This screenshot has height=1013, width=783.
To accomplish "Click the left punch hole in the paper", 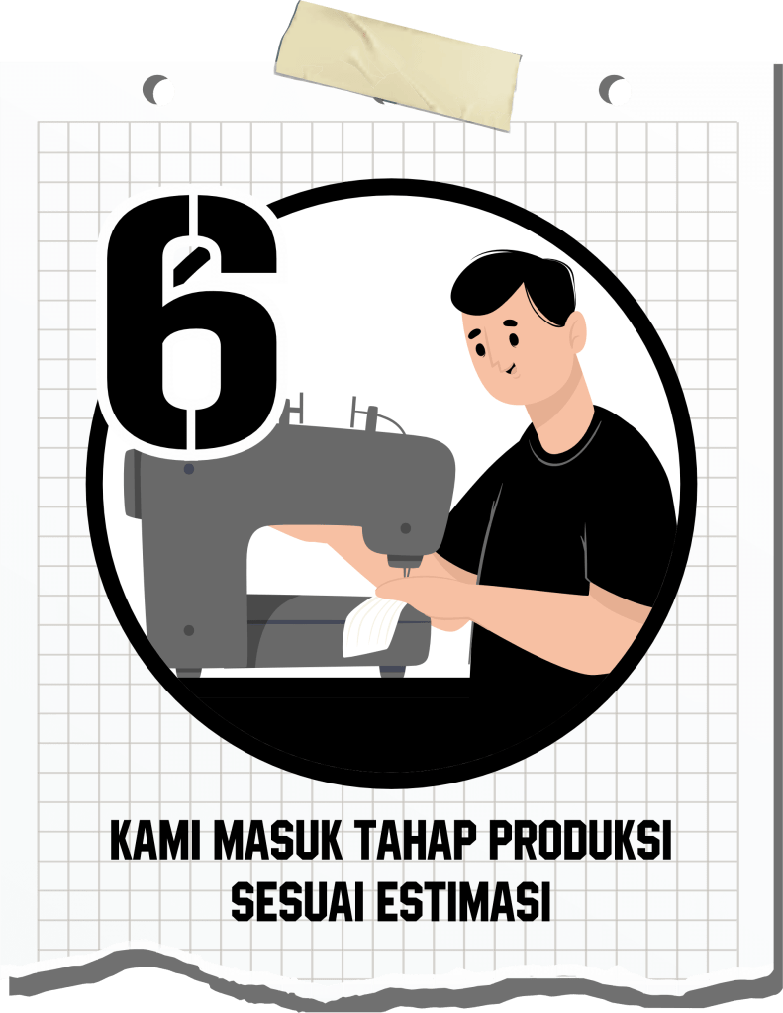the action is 156,89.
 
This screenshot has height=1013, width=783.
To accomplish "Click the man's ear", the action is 577,331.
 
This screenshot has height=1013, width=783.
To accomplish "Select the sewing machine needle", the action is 407,571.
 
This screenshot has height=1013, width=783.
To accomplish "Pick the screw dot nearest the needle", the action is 406,528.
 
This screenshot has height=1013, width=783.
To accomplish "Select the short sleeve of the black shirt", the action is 621,549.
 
